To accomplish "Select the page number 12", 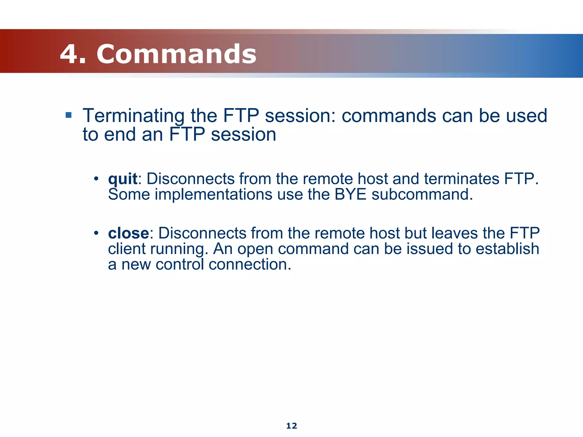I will (x=291, y=426).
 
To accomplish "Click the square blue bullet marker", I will (x=68, y=115).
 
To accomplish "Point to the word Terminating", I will (x=134, y=116).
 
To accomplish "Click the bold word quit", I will (x=123, y=179).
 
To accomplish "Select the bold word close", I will (x=128, y=233).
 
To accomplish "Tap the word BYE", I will (x=350, y=195).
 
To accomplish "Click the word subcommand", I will (x=422, y=195).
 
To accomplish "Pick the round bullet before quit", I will (x=96, y=179).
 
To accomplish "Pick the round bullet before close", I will (x=96, y=233).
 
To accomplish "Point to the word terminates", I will (x=461, y=179).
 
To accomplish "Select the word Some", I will (x=129, y=195).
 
